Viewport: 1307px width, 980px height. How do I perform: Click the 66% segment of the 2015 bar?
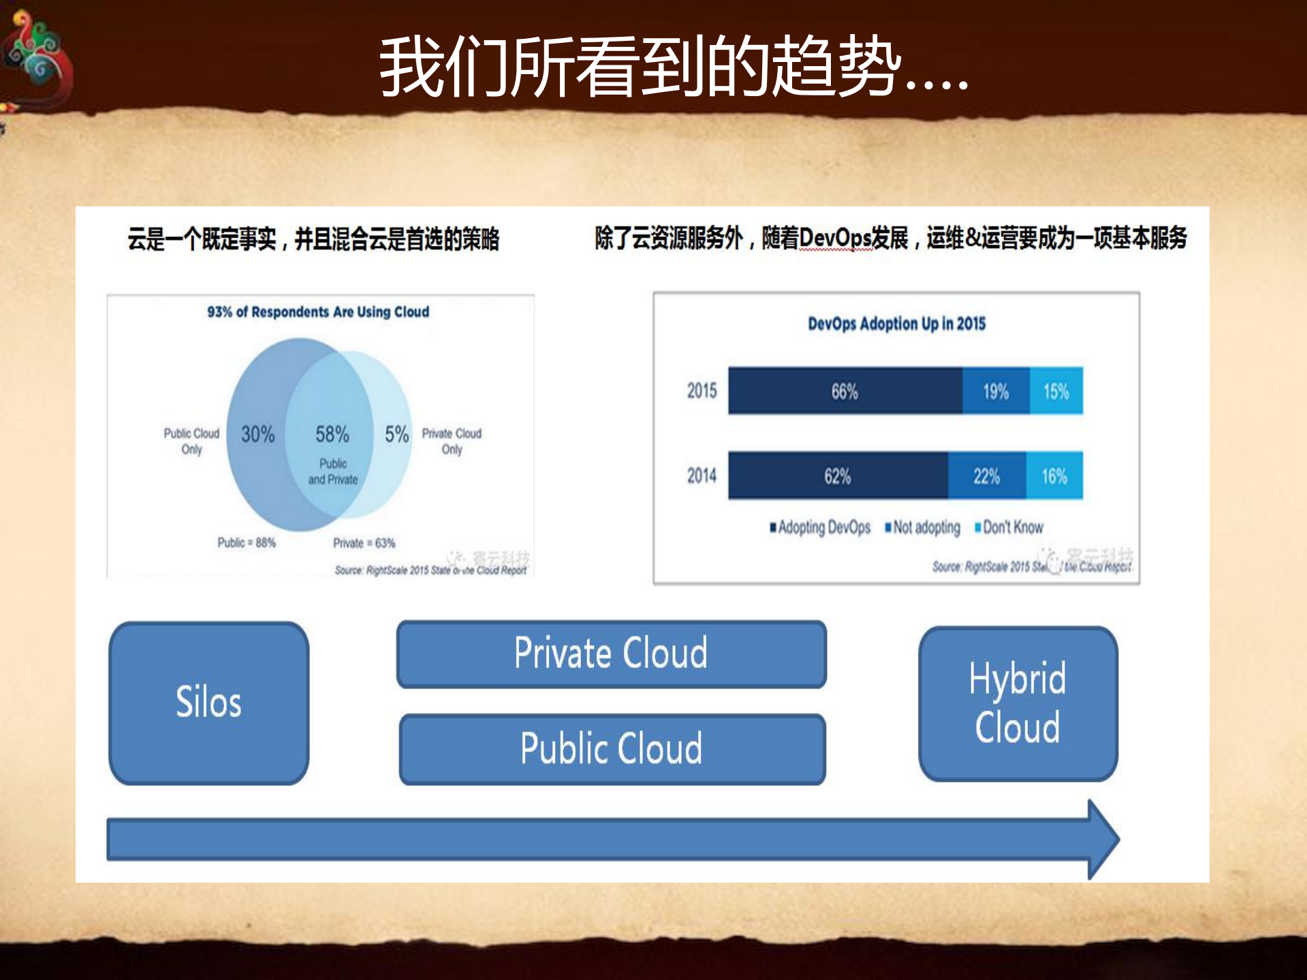point(845,391)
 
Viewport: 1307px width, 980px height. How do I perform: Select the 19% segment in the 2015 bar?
point(995,391)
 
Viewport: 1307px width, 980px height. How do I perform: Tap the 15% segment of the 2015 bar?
point(1056,391)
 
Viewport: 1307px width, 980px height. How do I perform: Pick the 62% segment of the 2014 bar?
point(838,475)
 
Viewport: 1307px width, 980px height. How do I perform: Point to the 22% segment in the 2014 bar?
point(986,475)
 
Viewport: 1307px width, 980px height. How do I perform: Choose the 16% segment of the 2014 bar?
point(1054,475)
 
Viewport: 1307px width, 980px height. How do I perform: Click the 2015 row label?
point(702,391)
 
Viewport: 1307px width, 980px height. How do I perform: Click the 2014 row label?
point(702,475)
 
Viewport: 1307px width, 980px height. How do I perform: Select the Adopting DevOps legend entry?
point(820,527)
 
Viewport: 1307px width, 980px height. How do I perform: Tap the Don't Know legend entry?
point(1009,527)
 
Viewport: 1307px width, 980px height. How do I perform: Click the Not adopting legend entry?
point(923,527)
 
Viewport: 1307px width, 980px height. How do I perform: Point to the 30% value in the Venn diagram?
point(257,434)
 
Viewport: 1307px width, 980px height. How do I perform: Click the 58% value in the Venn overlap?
point(332,434)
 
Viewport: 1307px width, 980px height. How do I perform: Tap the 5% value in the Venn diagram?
point(396,434)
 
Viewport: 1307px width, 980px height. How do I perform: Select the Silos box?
point(208,702)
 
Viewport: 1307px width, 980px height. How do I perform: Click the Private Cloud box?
point(611,654)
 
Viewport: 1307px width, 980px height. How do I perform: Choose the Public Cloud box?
point(612,748)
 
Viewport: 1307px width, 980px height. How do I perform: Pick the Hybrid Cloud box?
point(1018,703)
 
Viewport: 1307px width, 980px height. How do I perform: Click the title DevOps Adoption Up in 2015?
point(896,323)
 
